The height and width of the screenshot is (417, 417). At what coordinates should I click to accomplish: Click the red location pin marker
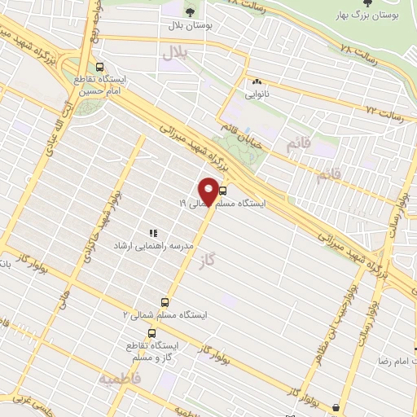pos(209,191)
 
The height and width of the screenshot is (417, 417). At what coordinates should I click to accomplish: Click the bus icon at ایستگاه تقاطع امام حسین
pos(100,68)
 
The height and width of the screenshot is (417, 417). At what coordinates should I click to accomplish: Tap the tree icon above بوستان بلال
pos(190,12)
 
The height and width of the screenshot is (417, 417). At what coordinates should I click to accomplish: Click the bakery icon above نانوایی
pos(258,81)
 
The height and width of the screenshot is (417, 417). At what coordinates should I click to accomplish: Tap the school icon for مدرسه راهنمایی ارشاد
pos(153,233)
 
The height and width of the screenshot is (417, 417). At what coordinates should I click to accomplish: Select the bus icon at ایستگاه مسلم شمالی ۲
pos(165,302)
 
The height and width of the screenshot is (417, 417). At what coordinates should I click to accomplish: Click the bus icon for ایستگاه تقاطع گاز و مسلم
pos(151,333)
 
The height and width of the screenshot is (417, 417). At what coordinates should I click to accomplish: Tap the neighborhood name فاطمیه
pos(121,380)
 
